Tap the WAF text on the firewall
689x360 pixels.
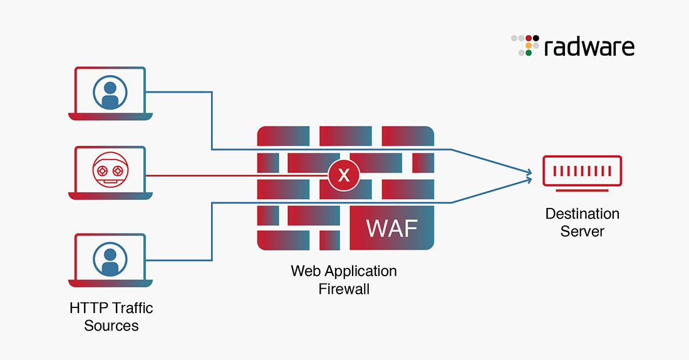[391, 228]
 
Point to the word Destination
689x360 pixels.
[582, 213]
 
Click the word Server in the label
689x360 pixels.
[582, 231]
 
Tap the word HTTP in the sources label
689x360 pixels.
[88, 308]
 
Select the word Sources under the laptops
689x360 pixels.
[111, 326]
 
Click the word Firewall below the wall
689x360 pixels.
[344, 289]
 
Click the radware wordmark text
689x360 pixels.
[589, 47]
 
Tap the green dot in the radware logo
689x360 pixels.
[529, 53]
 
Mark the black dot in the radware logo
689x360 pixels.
[536, 38]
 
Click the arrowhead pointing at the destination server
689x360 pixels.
[529, 175]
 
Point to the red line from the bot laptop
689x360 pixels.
[207, 175]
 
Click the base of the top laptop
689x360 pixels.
[110, 116]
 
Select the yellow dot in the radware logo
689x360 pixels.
[529, 46]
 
